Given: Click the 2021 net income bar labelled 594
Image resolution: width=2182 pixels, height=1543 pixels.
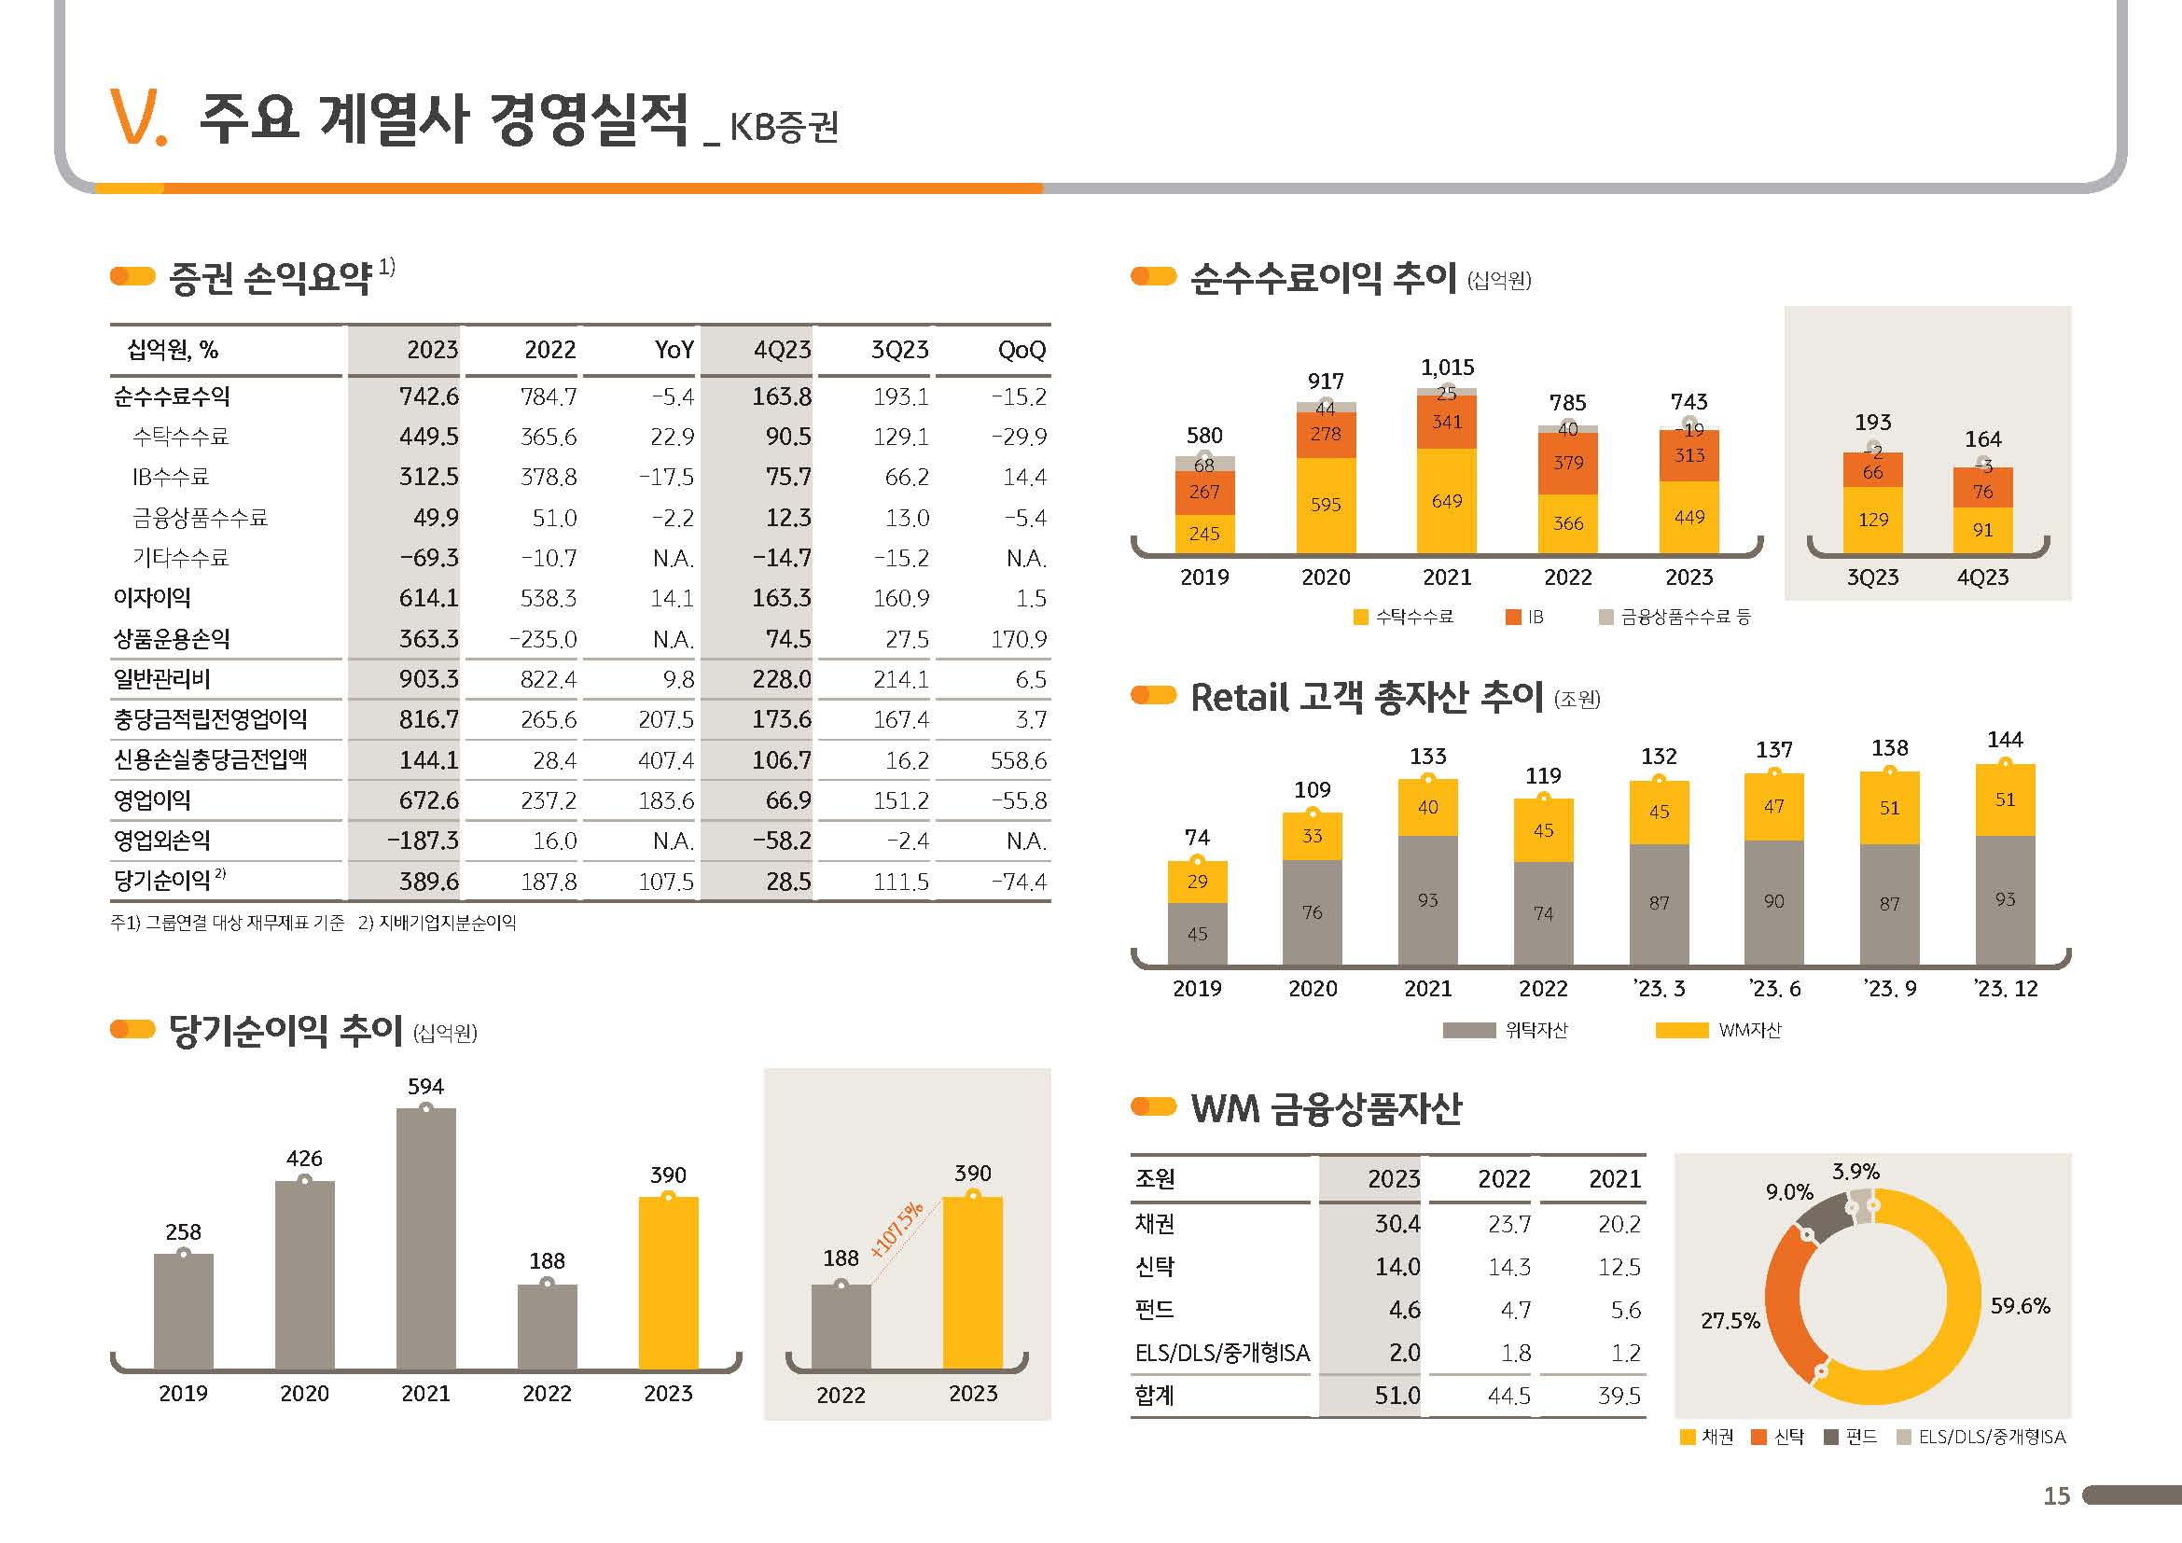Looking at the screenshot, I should tap(425, 1239).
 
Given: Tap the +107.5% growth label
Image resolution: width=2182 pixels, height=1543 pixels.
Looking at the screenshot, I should tap(896, 1230).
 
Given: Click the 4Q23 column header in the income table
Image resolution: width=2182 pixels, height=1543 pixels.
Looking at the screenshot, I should tap(781, 351).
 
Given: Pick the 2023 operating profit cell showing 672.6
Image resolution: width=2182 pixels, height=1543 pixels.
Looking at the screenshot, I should tap(428, 801).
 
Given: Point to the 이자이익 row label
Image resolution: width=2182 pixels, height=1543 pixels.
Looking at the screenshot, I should tap(153, 599).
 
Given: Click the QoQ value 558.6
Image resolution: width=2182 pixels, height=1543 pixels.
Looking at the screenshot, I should tap(1018, 760).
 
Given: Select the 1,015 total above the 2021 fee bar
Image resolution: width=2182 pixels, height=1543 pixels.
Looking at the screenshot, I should tap(1447, 368).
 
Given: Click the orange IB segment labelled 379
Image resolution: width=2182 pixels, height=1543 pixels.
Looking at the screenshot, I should tap(1568, 463).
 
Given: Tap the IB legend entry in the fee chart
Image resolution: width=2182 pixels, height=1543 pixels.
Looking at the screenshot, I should tap(1525, 618).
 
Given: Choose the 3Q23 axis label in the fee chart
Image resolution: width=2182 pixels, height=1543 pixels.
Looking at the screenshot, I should tap(1872, 577).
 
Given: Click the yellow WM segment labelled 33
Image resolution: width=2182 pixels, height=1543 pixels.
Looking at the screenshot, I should tap(1312, 836).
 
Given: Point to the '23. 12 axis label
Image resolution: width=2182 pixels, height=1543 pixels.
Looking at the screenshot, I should tap(2006, 989).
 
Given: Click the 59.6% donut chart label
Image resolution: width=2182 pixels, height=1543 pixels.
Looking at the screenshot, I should tap(2020, 1306).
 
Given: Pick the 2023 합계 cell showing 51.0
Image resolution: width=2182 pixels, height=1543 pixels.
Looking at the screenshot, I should tap(1397, 1396).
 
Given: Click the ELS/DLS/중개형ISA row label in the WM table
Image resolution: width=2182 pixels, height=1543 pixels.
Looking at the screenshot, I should tap(1222, 1353).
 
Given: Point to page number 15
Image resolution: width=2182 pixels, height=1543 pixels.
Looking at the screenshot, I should tap(2057, 1496).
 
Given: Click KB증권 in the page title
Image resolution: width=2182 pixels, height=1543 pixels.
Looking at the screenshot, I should tap(784, 126).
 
